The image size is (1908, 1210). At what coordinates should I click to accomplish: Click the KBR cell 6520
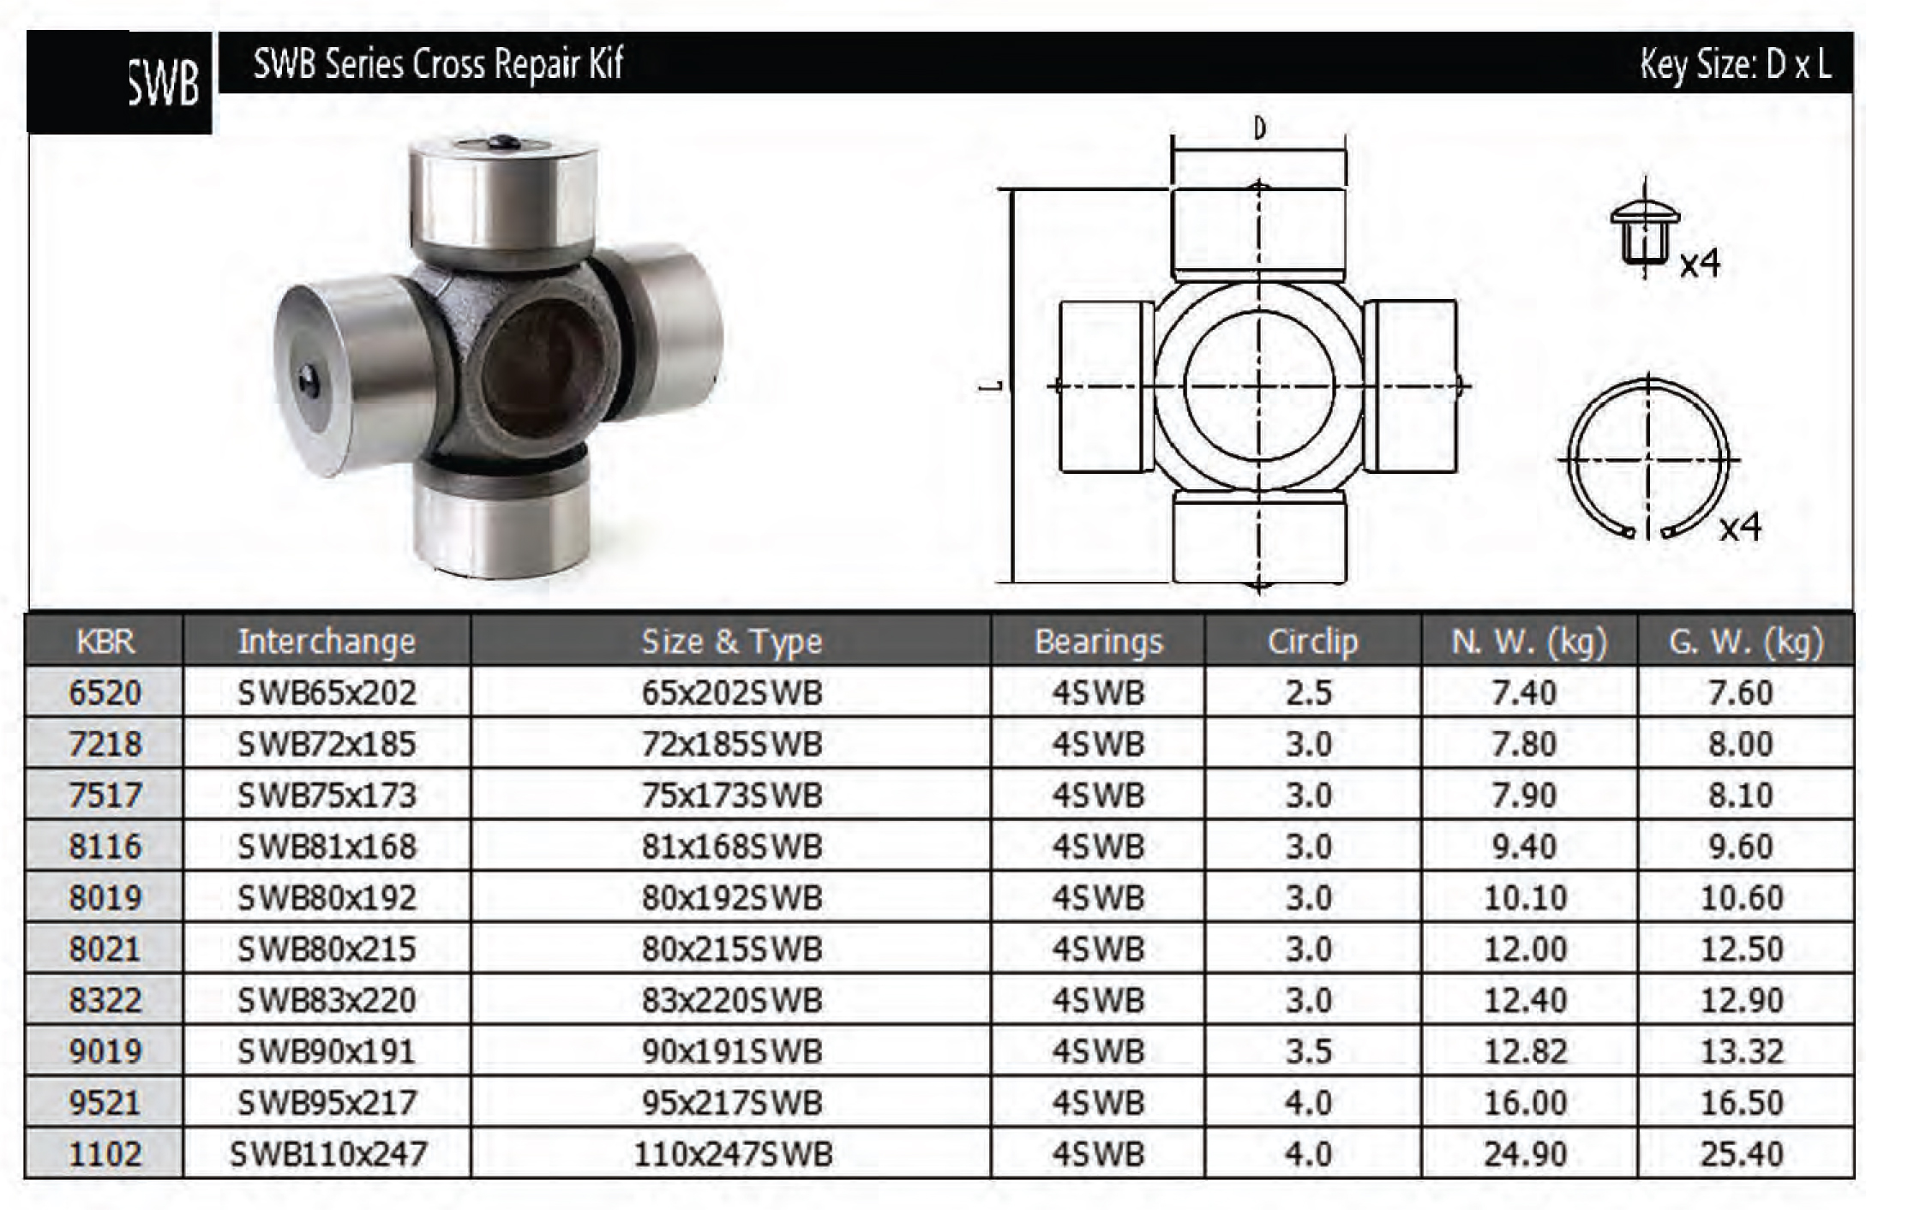point(105,692)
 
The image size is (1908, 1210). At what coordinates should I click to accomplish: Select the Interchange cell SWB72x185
point(327,744)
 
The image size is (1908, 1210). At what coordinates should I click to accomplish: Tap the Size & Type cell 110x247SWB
point(732,1154)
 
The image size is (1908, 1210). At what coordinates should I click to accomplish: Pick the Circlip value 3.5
point(1308,1051)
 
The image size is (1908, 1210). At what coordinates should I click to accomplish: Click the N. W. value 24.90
point(1525,1154)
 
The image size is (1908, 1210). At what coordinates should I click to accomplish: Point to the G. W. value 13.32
point(1742,1051)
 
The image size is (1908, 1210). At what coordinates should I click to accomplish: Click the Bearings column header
point(1099,641)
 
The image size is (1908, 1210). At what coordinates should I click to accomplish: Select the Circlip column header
point(1312,641)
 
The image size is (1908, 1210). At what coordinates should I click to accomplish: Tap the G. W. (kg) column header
point(1745,641)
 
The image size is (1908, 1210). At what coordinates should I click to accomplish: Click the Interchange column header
point(327,641)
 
